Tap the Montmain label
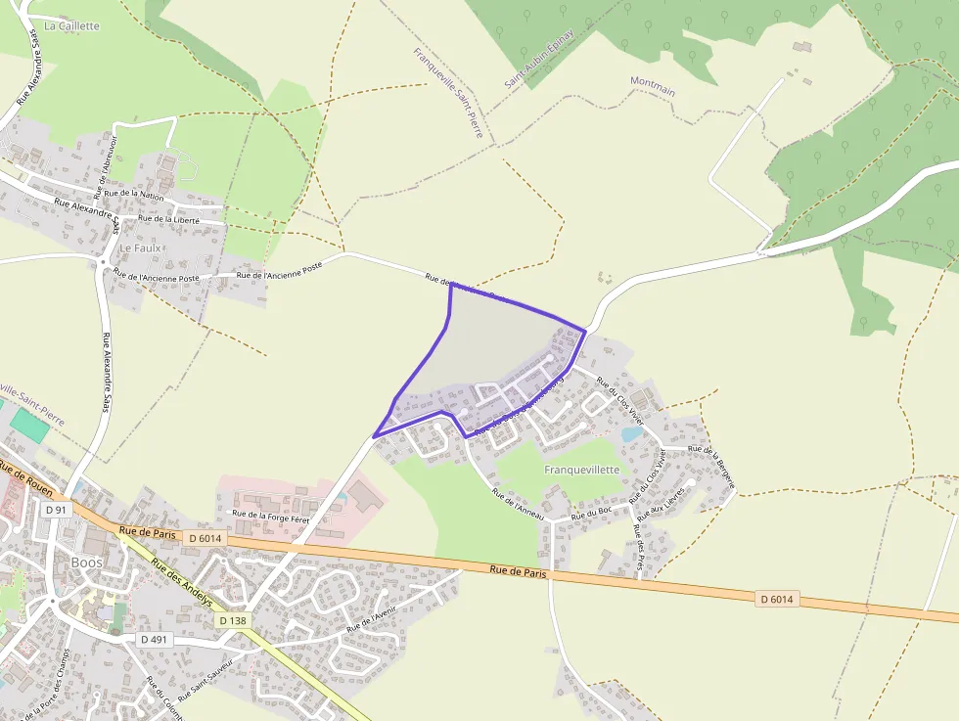653,85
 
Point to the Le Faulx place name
139,248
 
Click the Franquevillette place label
582,470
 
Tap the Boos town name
86,563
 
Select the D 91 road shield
56,510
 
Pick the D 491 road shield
153,639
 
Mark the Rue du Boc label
591,512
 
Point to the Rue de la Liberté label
169,220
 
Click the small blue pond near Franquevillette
631,433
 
